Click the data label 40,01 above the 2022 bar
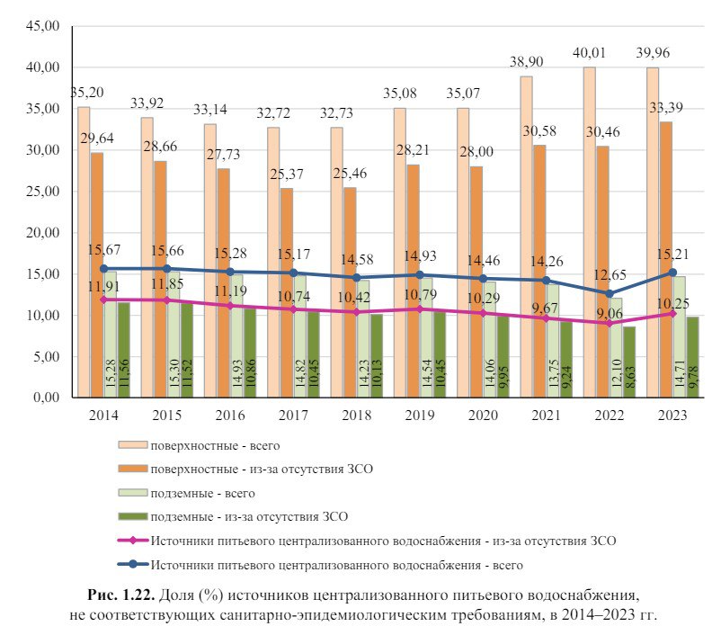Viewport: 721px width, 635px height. pos(593,53)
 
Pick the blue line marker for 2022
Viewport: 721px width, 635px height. pos(610,293)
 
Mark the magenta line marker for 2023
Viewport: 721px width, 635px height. pos(673,313)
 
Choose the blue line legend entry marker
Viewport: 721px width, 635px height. pos(132,565)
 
